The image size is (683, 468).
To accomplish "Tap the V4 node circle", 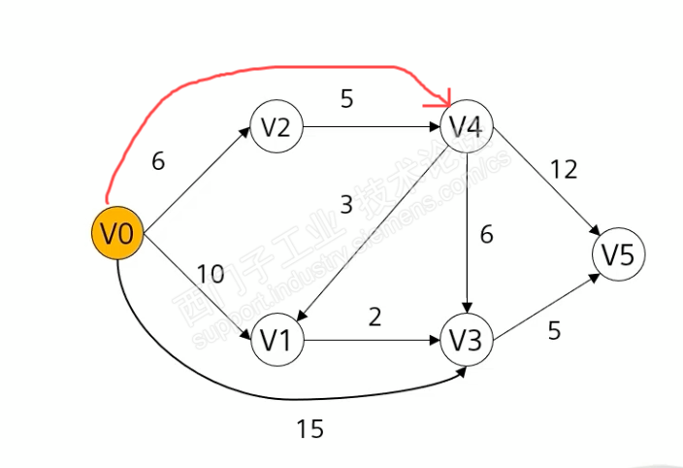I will [468, 126].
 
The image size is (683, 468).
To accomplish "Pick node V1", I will [276, 341].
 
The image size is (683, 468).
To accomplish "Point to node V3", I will [468, 341].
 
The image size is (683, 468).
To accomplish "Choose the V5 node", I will [618, 255].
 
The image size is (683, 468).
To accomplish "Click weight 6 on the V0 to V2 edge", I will [158, 161].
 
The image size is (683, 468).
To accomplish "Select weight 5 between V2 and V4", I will [346, 98].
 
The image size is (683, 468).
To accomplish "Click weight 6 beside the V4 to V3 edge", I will [487, 234].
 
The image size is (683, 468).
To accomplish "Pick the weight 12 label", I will [563, 170].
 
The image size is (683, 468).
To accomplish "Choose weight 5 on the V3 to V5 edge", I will [554, 331].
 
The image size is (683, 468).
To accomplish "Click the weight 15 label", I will [309, 428].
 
